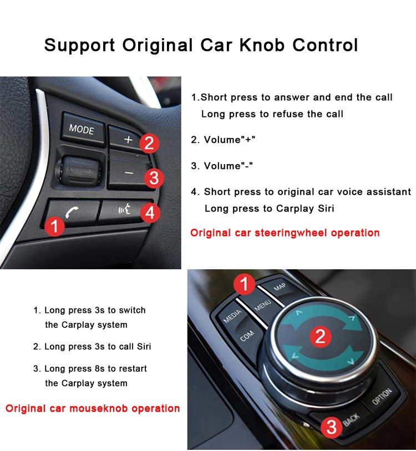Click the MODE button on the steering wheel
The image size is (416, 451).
click(x=82, y=129)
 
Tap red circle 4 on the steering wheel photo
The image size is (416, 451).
click(x=150, y=213)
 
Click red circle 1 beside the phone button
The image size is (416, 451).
click(x=54, y=226)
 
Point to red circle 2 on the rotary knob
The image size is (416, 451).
click(x=320, y=336)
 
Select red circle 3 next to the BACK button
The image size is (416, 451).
click(x=331, y=427)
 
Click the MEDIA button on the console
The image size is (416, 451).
click(x=232, y=317)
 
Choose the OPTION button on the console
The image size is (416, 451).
click(x=382, y=397)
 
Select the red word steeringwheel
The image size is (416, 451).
click(x=291, y=233)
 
